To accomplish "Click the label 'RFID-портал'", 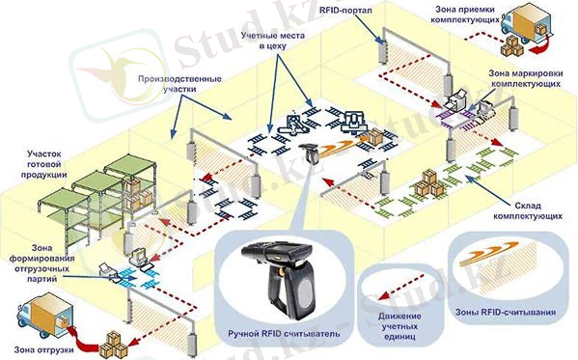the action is [x=345, y=11].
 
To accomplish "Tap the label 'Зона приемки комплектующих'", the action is [x=465, y=14].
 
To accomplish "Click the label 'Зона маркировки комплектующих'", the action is [x=526, y=78].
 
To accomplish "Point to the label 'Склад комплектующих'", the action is [x=528, y=210].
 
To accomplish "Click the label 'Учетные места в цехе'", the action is [x=273, y=41].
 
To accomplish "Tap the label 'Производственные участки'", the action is [x=179, y=84].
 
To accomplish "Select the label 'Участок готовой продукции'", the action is [x=43, y=164].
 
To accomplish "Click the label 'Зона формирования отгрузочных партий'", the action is [x=42, y=263].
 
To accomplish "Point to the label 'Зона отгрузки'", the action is [x=43, y=349].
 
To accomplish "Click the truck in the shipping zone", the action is [x=44, y=318].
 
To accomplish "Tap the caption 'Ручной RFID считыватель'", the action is [x=284, y=334].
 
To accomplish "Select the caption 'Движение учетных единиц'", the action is [x=399, y=326].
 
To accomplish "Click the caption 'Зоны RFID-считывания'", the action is [x=506, y=312].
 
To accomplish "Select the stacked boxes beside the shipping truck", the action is [x=113, y=344].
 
